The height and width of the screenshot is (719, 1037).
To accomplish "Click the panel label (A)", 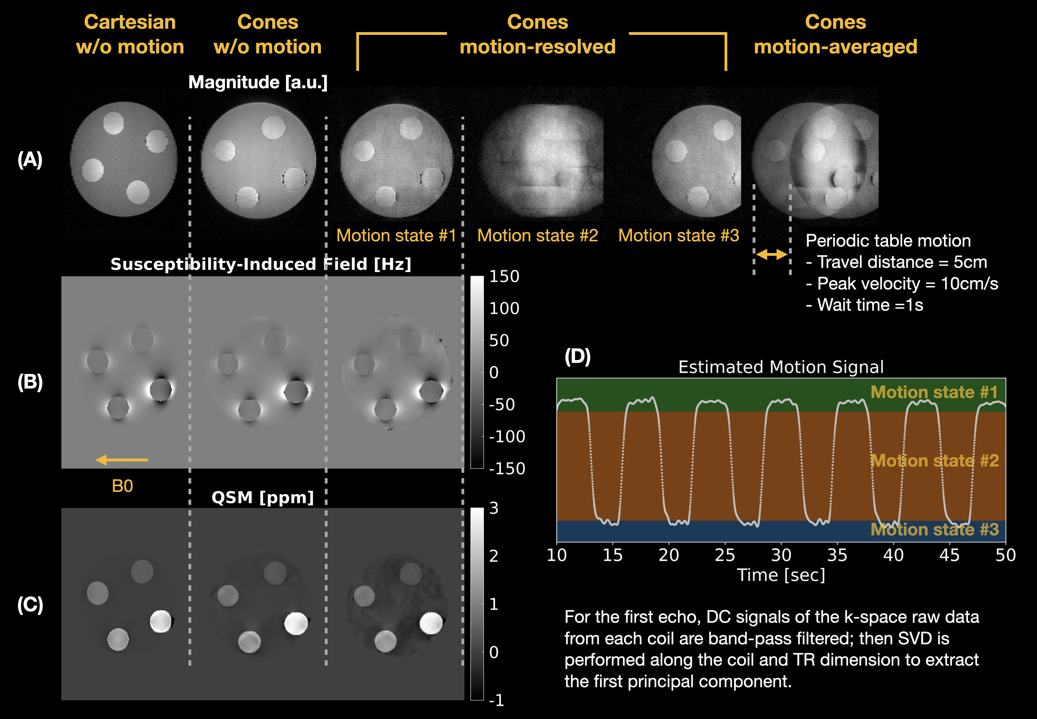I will point(30,160).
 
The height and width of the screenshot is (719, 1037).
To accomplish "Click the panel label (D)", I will point(577,356).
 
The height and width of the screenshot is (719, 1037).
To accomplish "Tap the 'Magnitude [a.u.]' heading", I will point(258,82).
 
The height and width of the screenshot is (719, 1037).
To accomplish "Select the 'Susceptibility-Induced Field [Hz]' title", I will point(261,264).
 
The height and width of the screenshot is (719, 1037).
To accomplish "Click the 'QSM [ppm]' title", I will point(262,497).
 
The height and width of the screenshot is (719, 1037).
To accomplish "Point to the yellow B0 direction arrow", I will point(122,459).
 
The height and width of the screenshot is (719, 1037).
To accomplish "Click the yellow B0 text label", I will point(122,486).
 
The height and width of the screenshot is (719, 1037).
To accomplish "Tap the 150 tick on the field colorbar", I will point(504,276).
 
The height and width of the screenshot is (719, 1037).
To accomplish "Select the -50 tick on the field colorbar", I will point(502,405).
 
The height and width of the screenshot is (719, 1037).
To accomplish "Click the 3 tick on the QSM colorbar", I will point(494,508).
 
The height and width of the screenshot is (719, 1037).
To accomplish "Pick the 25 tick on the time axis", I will point(725,555).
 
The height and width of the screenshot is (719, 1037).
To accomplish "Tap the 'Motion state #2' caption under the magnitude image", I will point(538,235).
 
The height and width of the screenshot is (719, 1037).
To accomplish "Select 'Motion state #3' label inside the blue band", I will point(934,529).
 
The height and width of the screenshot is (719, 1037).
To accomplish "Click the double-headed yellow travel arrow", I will point(771,255).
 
